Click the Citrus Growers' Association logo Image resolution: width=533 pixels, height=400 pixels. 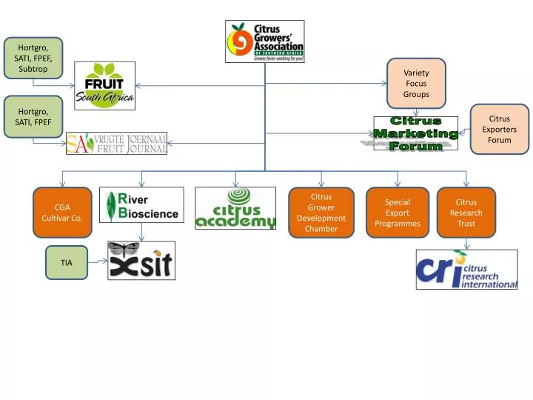pyautogui.click(x=264, y=41)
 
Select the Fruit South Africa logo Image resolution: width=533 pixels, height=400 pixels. pyautogui.click(x=104, y=85)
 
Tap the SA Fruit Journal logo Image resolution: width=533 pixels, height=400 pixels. pyautogui.click(x=116, y=143)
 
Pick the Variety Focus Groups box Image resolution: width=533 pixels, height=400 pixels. pyautogui.click(x=416, y=84)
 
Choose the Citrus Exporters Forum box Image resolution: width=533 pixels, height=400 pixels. pyautogui.click(x=500, y=129)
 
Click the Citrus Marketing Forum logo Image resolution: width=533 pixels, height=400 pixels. pyautogui.click(x=415, y=133)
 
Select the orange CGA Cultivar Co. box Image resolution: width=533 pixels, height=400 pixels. pyautogui.click(x=61, y=213)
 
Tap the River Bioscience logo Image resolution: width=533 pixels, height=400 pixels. pyautogui.click(x=141, y=205)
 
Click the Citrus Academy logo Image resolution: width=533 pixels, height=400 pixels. pyautogui.click(x=235, y=208)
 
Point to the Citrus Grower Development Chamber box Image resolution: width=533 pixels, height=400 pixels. pyautogui.click(x=321, y=213)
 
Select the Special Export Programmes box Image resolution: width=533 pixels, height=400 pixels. pyautogui.click(x=397, y=213)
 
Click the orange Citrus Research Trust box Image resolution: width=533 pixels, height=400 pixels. pyautogui.click(x=466, y=213)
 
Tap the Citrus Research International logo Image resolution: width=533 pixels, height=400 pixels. pyautogui.click(x=466, y=270)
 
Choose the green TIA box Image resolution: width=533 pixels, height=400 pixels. pyautogui.click(x=67, y=262)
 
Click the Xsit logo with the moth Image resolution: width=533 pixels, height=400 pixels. pyautogui.click(x=141, y=260)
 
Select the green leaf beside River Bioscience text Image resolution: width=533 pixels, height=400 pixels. pyautogui.click(x=111, y=207)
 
